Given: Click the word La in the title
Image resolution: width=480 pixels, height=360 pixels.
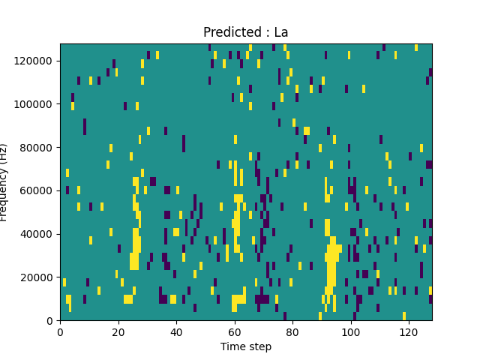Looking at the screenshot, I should (x=280, y=33).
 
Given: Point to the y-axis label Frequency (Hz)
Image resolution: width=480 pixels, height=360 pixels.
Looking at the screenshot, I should (x=4, y=182).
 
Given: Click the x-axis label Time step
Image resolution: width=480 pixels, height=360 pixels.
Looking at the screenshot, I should (x=246, y=346).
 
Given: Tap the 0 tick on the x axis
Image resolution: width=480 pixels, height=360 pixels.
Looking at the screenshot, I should (x=60, y=331).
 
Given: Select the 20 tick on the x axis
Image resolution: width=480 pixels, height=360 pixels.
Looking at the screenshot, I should (x=118, y=331).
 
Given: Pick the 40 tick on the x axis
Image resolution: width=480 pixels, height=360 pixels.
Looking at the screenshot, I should (x=176, y=331).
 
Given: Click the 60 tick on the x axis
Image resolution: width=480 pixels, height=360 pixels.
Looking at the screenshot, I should (x=235, y=331).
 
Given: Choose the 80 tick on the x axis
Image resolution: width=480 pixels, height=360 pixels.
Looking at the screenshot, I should (x=292, y=331).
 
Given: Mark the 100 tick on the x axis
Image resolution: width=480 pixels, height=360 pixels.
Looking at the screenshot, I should (x=351, y=331).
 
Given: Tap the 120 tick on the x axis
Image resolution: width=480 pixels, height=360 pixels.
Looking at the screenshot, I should (x=409, y=331).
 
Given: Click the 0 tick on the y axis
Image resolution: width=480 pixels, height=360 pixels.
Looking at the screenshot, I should (x=50, y=321).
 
